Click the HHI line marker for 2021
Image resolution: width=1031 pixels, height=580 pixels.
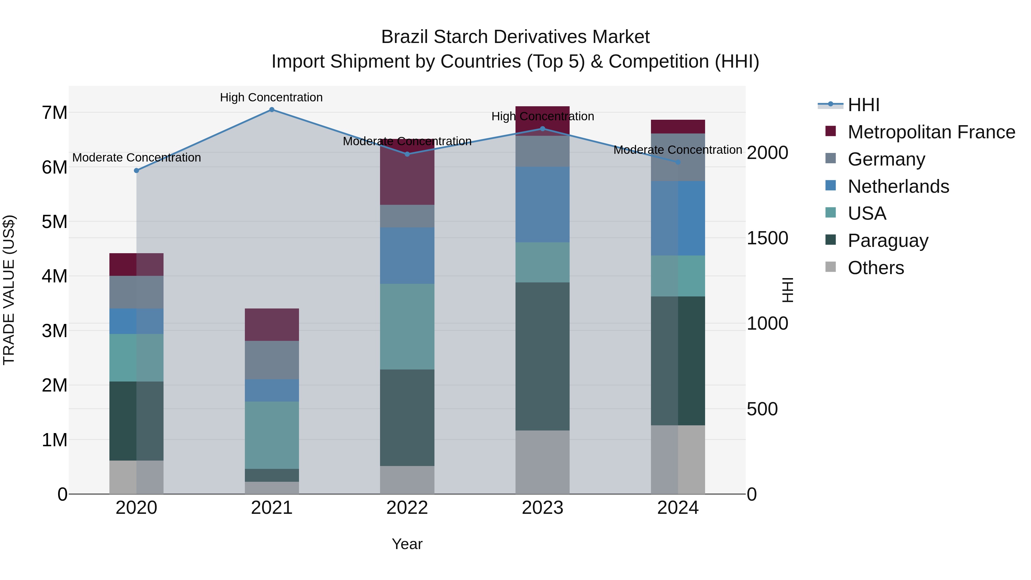pyautogui.click(x=272, y=110)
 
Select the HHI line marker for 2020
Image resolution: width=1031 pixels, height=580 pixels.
pyautogui.click(x=137, y=170)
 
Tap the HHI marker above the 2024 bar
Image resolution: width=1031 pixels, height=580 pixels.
pyautogui.click(x=678, y=162)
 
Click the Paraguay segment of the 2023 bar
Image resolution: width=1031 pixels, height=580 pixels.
pyautogui.click(x=542, y=356)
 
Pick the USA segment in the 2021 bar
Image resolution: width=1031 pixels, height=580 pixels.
pyautogui.click(x=272, y=435)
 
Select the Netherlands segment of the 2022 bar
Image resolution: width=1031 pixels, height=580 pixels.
pyautogui.click(x=407, y=255)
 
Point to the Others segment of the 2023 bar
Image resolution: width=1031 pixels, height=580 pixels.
pyautogui.click(x=542, y=462)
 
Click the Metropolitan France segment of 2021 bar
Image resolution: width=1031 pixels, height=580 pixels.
pyautogui.click(x=272, y=325)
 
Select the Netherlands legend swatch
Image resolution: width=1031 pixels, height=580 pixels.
pyautogui.click(x=831, y=186)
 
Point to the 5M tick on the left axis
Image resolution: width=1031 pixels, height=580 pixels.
pyautogui.click(x=55, y=222)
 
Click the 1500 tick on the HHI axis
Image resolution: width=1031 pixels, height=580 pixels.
pyautogui.click(x=767, y=238)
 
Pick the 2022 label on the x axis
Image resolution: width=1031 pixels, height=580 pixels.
pyautogui.click(x=407, y=508)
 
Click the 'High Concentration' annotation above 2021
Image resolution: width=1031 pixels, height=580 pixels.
pyautogui.click(x=271, y=97)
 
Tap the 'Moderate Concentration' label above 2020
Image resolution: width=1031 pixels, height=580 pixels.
pyautogui.click(x=137, y=158)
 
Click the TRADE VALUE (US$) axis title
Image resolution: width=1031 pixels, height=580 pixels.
pyautogui.click(x=9, y=290)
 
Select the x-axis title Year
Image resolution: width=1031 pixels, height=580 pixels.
pyautogui.click(x=407, y=544)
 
